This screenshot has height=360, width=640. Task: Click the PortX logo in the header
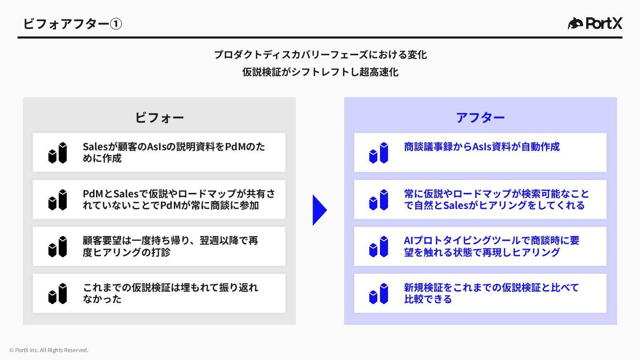(595, 23)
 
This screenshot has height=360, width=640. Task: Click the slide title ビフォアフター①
(72, 24)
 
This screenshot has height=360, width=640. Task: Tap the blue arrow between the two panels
(320, 210)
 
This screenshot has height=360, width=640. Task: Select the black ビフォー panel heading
(159, 118)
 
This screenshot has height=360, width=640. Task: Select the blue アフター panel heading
(480, 118)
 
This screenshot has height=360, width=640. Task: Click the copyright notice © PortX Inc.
(49, 350)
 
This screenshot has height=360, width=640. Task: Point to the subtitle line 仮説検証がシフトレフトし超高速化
(320, 72)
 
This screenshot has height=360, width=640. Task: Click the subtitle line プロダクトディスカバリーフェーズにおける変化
(320, 55)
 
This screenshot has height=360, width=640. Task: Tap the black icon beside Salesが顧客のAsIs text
(58, 153)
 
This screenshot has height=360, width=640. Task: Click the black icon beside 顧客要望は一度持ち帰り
(58, 247)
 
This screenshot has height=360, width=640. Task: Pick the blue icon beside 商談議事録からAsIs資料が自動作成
(379, 153)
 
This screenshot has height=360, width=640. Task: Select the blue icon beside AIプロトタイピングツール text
(379, 247)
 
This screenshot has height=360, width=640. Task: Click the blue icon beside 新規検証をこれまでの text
(379, 294)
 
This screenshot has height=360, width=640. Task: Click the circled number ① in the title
(116, 24)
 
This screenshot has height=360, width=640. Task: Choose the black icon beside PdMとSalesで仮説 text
(58, 200)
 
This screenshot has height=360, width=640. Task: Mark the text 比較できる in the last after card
(428, 299)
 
